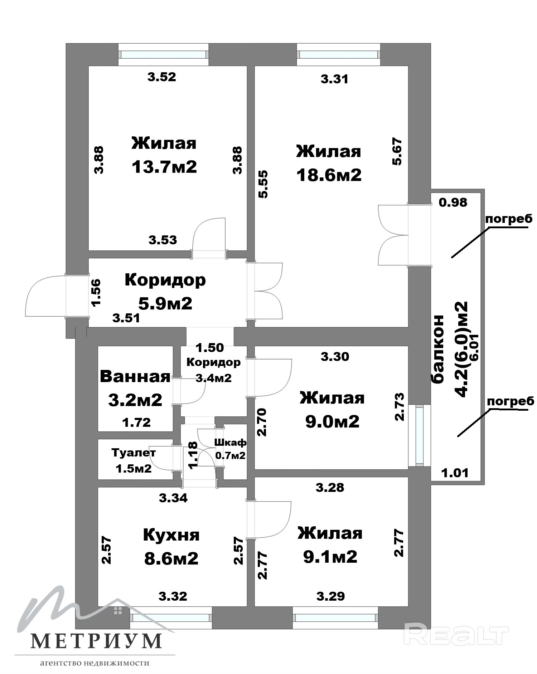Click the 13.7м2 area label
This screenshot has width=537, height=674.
pyautogui.click(x=164, y=167)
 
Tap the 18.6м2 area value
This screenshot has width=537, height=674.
pyautogui.click(x=329, y=175)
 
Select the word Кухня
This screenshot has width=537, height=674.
pyautogui.click(x=171, y=536)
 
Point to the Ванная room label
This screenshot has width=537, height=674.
pyautogui.click(x=135, y=377)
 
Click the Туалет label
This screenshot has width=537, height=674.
pyautogui.click(x=134, y=453)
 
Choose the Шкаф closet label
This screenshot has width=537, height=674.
pyautogui.click(x=230, y=443)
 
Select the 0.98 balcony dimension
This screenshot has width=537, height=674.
pyautogui.click(x=453, y=202)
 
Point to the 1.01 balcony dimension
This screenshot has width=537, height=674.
pyautogui.click(x=455, y=473)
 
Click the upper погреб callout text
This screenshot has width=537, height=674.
pyautogui.click(x=509, y=219)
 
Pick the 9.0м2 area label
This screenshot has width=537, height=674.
pyautogui.click(x=332, y=421)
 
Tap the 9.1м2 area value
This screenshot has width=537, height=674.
pyautogui.click(x=330, y=557)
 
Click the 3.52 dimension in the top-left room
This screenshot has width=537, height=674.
pyautogui.click(x=162, y=77)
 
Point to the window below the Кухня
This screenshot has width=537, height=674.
pyautogui.click(x=170, y=617)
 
